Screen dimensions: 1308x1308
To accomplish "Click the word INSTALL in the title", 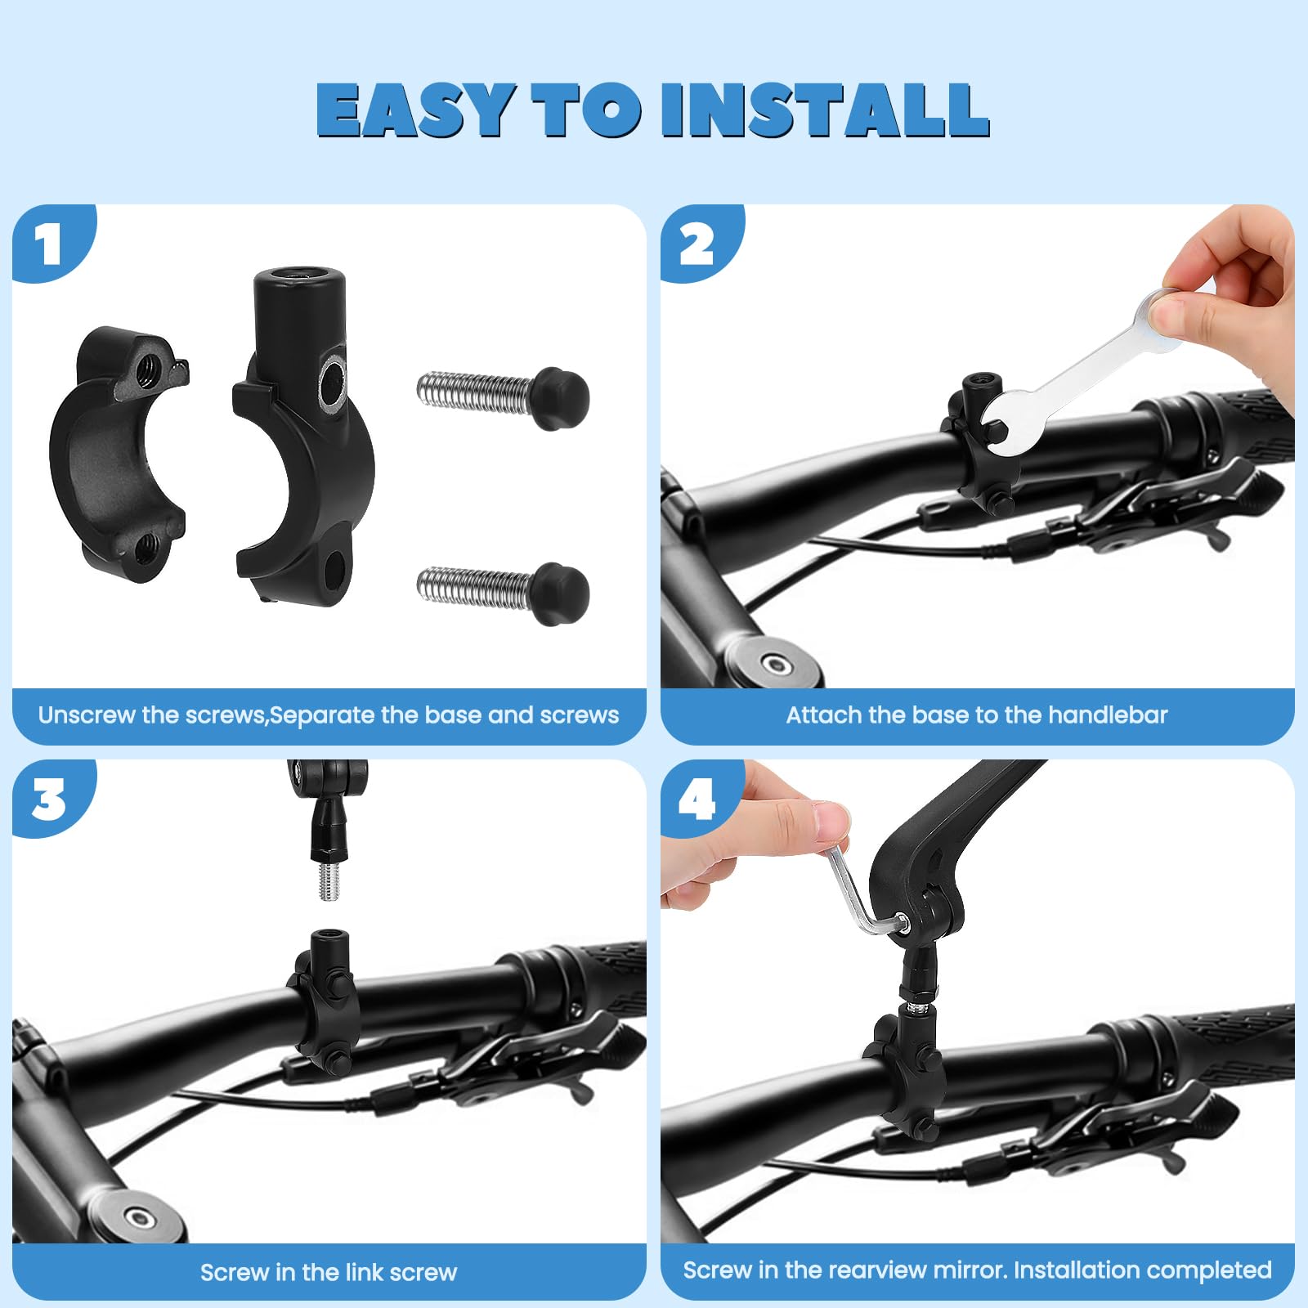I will pos(826,110).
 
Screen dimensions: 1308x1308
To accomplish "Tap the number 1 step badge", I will pos(49,244).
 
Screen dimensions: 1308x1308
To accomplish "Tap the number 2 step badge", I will pos(697,245).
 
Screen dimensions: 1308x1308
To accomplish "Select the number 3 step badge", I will pos(49,800).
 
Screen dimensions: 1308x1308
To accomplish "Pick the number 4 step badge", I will pos(697,800).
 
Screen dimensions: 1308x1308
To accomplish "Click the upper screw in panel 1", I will pos(503,397).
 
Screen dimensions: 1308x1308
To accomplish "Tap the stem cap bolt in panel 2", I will pos(776,664).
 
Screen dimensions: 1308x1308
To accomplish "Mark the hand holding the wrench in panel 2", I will pos(1234,302).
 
